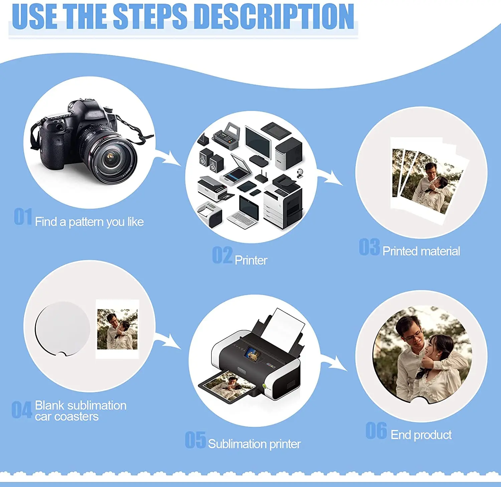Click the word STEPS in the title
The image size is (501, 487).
pyautogui.click(x=150, y=16)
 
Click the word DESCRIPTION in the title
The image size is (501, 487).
pyautogui.click(x=274, y=16)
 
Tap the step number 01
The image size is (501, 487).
pyautogui.click(x=23, y=217)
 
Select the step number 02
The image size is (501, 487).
pyautogui.click(x=222, y=255)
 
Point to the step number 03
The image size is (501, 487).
pyautogui.click(x=369, y=247)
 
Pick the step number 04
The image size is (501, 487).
pyautogui.click(x=22, y=410)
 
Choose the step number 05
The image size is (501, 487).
pyautogui.click(x=195, y=440)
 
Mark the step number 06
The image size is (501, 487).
pyautogui.click(x=376, y=431)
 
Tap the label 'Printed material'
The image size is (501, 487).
pyautogui.click(x=421, y=251)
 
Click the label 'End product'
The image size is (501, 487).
pyautogui.click(x=421, y=435)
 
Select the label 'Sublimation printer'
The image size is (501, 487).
pyautogui.click(x=254, y=444)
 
